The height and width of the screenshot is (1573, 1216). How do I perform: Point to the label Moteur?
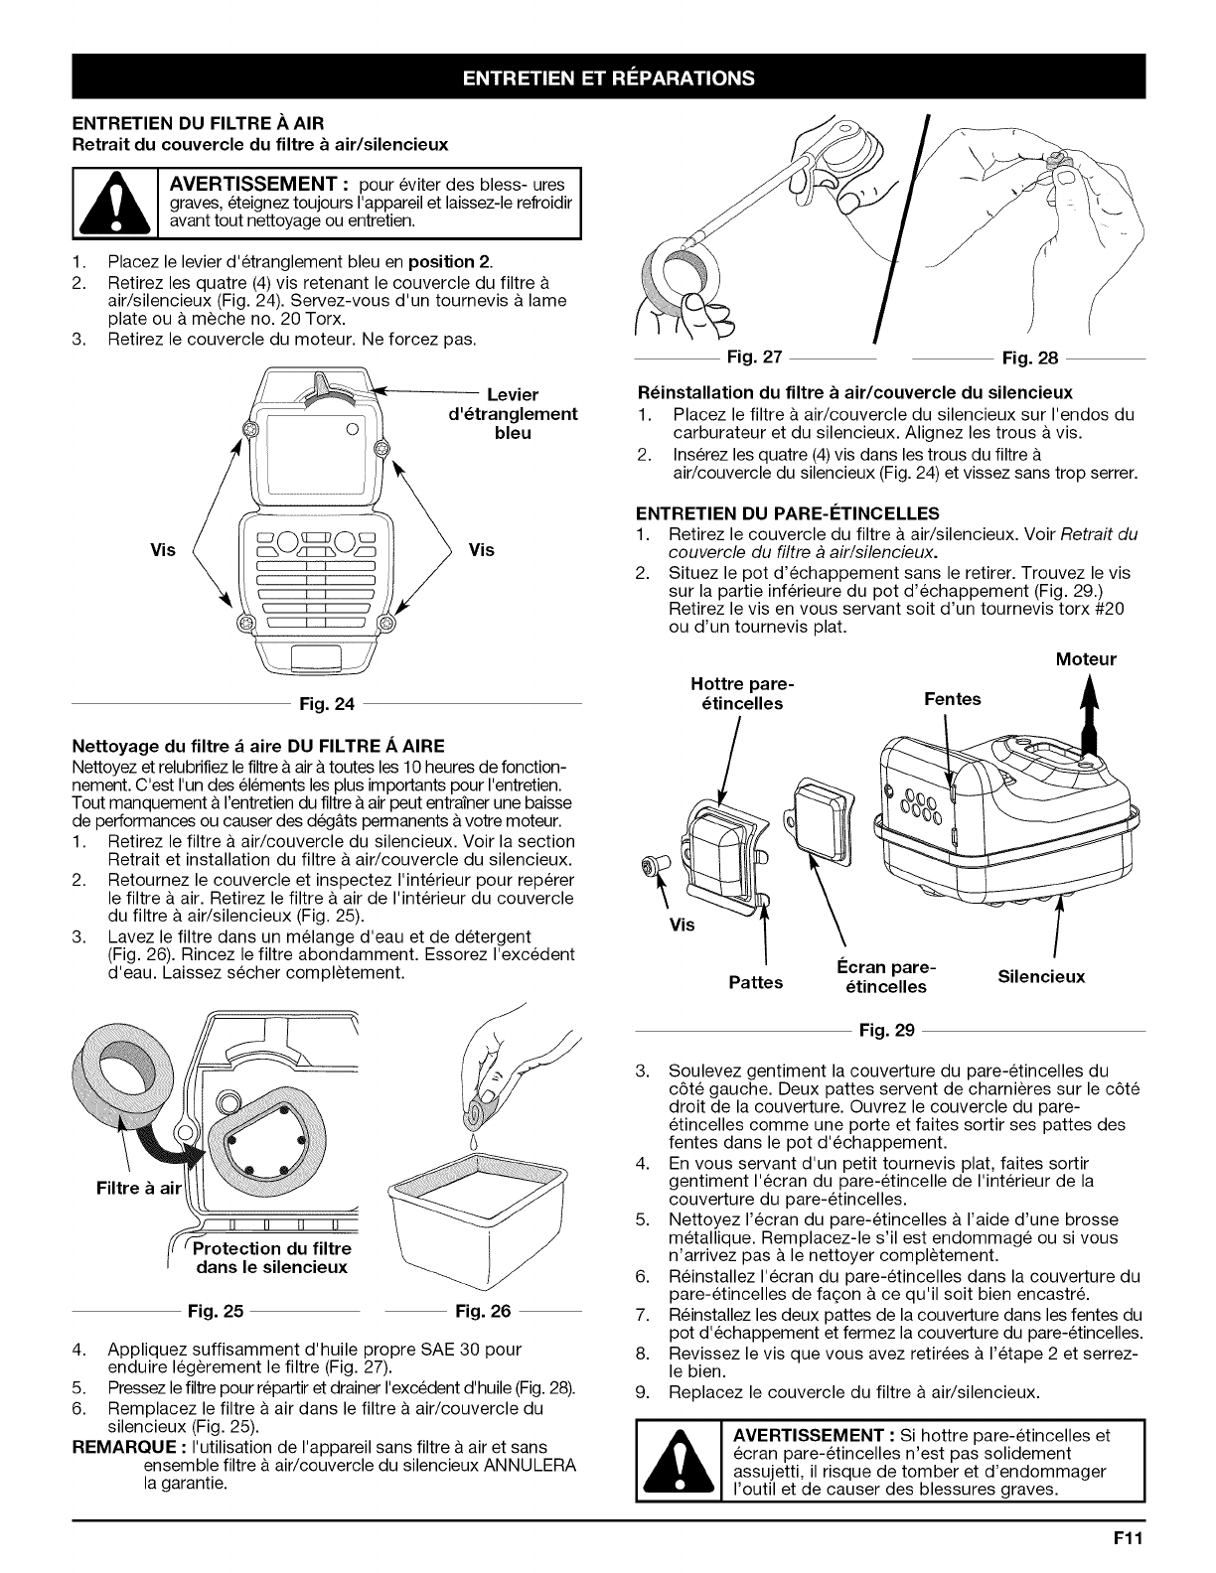(x=1086, y=659)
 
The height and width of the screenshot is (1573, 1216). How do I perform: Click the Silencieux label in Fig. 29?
(x=1042, y=976)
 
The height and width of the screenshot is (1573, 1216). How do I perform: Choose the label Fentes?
(x=952, y=699)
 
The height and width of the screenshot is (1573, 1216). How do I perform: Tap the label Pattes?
(x=755, y=983)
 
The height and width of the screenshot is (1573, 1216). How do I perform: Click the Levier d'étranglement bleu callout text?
(x=512, y=414)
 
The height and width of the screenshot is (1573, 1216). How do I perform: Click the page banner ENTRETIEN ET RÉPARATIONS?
(x=608, y=77)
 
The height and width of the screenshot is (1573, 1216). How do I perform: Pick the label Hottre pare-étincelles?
(x=736, y=694)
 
